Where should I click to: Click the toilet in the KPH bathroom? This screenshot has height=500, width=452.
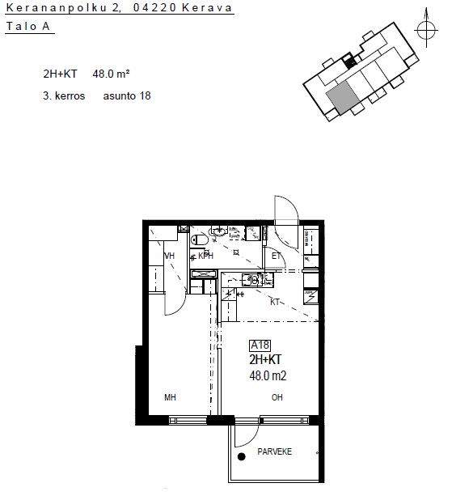coord(197,239)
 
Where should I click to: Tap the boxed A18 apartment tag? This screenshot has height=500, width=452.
coord(260,345)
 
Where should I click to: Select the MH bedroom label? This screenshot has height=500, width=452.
coord(170,397)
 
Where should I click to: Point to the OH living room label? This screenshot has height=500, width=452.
coord(277,397)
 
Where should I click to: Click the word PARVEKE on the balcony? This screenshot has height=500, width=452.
coord(274,451)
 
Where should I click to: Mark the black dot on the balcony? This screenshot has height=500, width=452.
coord(241,456)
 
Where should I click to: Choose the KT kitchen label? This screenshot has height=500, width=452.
coord(275,302)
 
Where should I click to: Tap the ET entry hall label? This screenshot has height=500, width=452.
coord(276,256)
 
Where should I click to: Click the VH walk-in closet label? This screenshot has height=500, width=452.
coord(170,256)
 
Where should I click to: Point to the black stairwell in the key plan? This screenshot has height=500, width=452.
coord(350,61)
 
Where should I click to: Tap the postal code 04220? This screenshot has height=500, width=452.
coord(154,7)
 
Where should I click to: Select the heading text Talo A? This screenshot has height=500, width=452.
coord(28,26)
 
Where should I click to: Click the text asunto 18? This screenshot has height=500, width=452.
coord(127,95)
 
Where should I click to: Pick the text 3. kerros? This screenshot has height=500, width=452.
coord(64,95)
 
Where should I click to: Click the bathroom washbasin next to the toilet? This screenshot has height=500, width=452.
coord(219,231)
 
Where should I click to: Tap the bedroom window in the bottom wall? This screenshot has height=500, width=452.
coord(188,420)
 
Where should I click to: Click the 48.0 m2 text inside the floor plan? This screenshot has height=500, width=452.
coord(268,375)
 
